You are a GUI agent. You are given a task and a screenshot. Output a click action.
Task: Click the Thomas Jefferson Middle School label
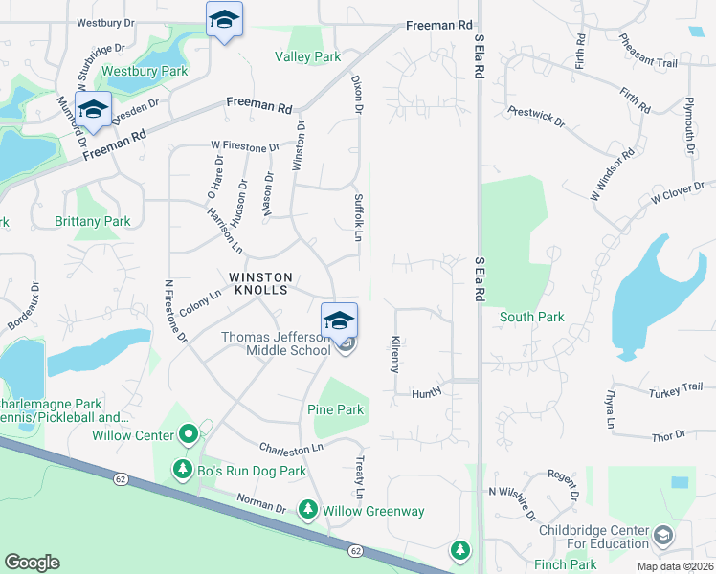click(x=276, y=343)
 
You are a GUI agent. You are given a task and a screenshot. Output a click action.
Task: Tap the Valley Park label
click(x=308, y=57)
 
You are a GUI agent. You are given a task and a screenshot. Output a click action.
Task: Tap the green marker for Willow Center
click(x=189, y=435)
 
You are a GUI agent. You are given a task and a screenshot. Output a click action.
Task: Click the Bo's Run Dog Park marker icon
click(x=183, y=470)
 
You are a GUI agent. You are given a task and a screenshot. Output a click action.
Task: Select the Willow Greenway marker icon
click(x=307, y=510)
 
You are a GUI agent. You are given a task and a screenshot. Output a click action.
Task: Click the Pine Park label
click(x=335, y=409)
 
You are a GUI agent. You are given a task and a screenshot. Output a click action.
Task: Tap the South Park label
click(x=532, y=317)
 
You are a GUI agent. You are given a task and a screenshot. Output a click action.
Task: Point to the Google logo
click(x=32, y=563)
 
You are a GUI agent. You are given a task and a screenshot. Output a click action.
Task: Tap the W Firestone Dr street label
click(x=245, y=147)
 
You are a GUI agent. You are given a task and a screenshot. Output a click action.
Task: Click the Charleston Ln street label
click(x=292, y=447)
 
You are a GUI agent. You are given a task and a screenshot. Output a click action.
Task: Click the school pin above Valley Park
click(x=224, y=21)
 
